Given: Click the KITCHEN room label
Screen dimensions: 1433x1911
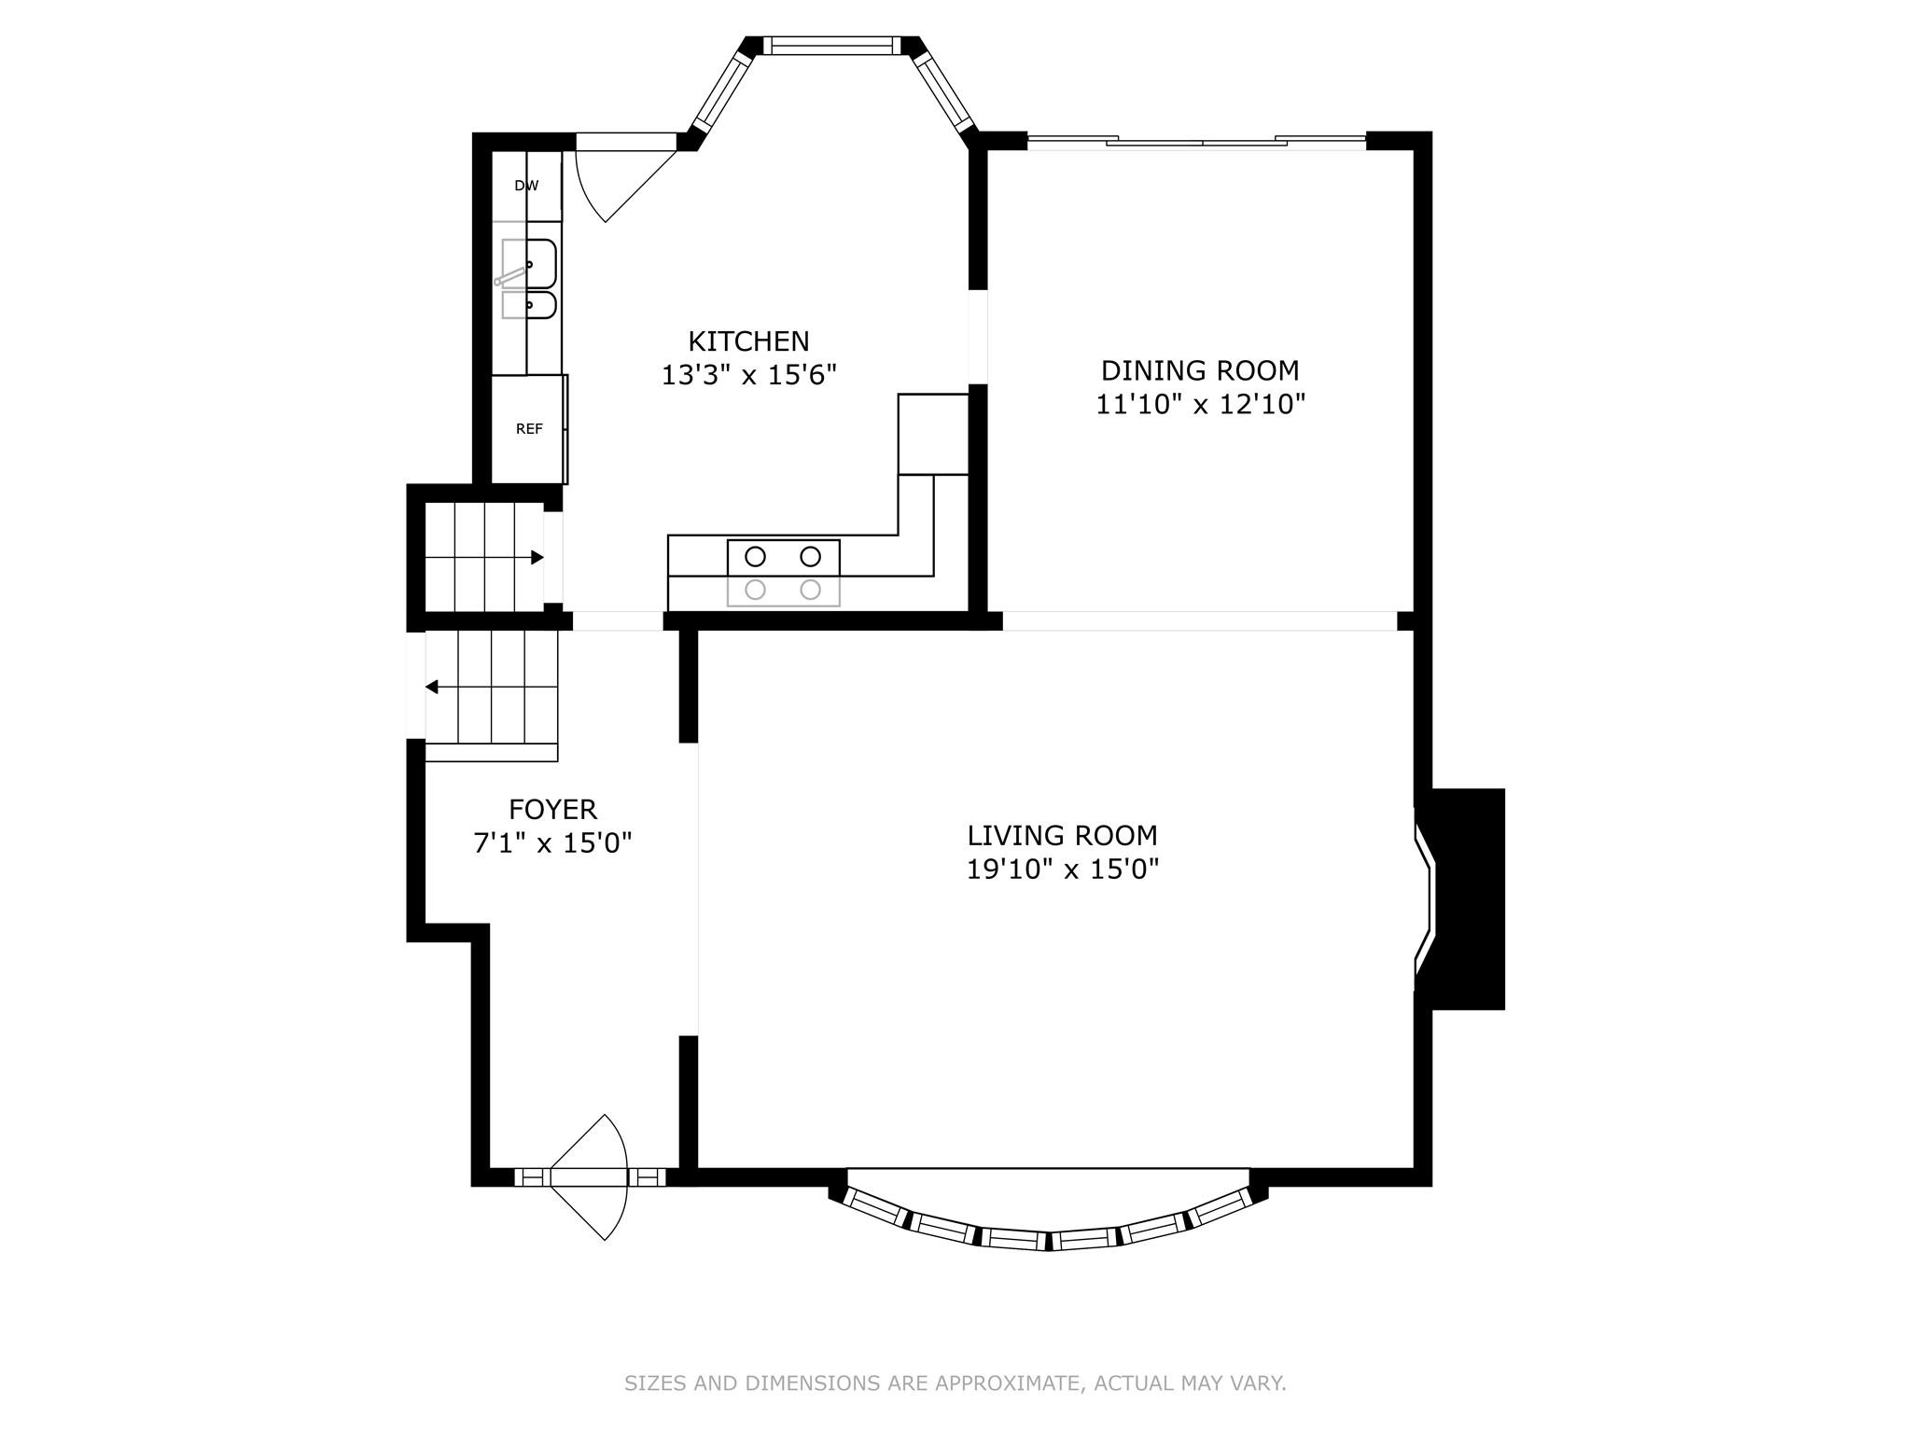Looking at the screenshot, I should [x=748, y=341].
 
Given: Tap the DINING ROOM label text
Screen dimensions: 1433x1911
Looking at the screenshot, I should [x=1199, y=370].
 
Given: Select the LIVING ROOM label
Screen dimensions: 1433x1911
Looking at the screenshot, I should [x=1062, y=835].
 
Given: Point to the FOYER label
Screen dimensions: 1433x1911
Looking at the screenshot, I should [x=552, y=809].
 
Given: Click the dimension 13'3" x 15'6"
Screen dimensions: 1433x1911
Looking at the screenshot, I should [x=748, y=375].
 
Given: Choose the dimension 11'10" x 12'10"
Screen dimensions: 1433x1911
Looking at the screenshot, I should [x=1199, y=405].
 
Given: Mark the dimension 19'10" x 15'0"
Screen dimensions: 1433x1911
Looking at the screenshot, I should [x=1062, y=870].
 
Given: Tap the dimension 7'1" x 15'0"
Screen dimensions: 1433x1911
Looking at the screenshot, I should [x=552, y=843].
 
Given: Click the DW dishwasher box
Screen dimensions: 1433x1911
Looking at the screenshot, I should [x=526, y=186].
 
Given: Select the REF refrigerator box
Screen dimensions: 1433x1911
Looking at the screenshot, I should [x=528, y=429].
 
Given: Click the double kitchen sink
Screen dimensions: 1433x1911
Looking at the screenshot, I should [x=529, y=279].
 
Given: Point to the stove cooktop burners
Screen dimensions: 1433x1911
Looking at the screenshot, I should [x=783, y=573].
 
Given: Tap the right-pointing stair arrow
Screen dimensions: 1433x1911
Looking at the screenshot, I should [x=537, y=558].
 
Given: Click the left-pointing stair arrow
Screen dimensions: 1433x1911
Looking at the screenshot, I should [x=432, y=687].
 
